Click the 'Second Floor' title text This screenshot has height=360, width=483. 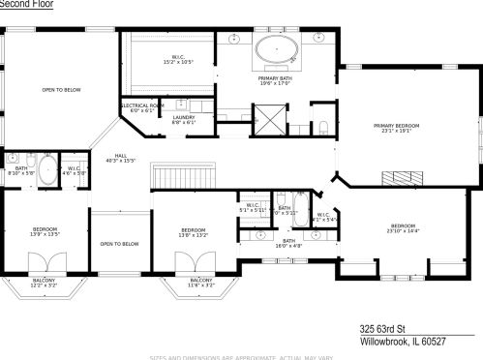[26, 4]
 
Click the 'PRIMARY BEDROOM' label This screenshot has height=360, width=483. [398, 126]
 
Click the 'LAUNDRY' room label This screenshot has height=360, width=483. [184, 117]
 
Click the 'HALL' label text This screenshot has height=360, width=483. [121, 155]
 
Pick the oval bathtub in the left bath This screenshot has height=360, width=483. [47, 171]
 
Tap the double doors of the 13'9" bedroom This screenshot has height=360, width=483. [46, 265]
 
